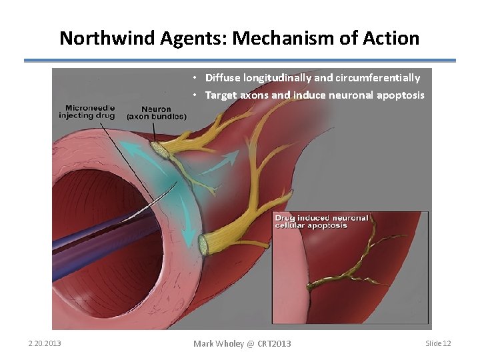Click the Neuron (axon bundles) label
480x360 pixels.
click(156, 113)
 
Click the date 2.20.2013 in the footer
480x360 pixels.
click(45, 343)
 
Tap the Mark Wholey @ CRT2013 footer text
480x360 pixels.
click(242, 343)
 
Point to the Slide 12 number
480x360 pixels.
click(438, 343)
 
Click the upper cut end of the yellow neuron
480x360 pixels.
click(160, 150)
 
